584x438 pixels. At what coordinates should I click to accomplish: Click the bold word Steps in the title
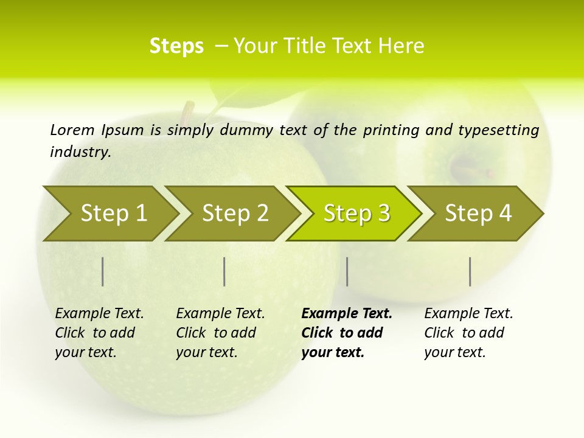(x=176, y=46)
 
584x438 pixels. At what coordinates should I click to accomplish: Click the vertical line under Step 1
(x=103, y=271)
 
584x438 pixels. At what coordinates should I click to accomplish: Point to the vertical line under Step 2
(x=224, y=271)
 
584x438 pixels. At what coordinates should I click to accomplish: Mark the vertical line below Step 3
(x=347, y=271)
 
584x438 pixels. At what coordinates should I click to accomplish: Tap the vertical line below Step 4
(x=470, y=271)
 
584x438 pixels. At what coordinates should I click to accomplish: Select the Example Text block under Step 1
(x=99, y=332)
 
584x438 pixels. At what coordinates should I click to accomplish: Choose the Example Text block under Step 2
(x=220, y=332)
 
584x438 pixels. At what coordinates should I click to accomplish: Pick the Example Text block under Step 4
(x=468, y=332)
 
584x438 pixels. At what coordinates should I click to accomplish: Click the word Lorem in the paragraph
(x=72, y=130)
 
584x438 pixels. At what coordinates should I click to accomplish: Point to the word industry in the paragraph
(x=80, y=152)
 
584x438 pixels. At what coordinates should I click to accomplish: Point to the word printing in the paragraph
(x=391, y=130)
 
